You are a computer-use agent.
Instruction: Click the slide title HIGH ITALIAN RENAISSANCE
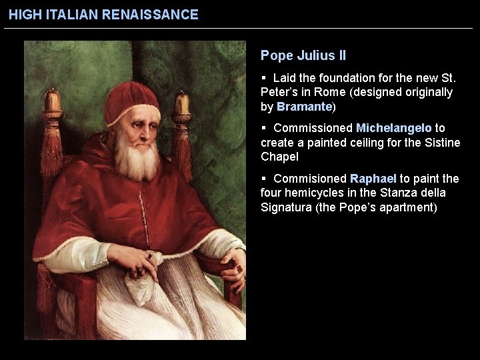[x=103, y=14]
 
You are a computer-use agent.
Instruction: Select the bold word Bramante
[x=304, y=107]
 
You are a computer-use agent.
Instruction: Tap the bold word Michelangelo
[x=394, y=127]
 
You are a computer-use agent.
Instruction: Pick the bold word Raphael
[x=373, y=179]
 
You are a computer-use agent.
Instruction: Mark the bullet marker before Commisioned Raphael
[x=265, y=179]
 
